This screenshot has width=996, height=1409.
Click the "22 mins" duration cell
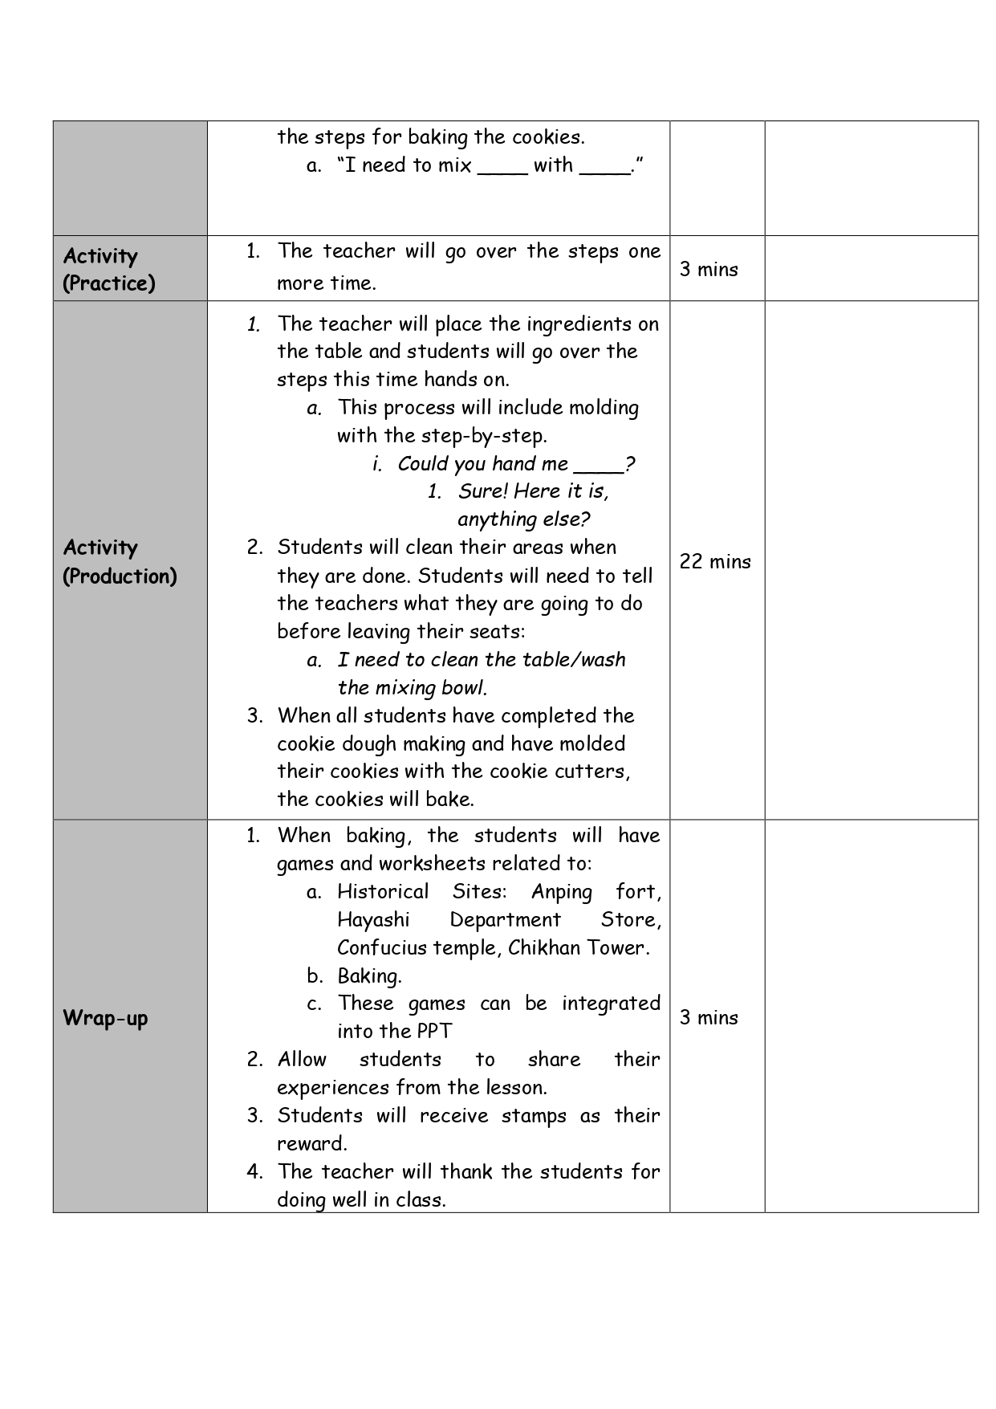715,561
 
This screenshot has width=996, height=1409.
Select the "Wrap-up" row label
105,1018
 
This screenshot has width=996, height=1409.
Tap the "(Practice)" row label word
109,283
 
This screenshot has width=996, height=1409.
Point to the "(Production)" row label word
120,576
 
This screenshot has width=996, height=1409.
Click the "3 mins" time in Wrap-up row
709,1017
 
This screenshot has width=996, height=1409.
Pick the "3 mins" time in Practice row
709,269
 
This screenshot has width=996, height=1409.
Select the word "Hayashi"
373,919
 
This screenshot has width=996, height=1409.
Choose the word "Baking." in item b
369,976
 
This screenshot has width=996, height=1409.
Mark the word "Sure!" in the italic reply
483,491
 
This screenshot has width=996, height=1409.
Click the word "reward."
312,1143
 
